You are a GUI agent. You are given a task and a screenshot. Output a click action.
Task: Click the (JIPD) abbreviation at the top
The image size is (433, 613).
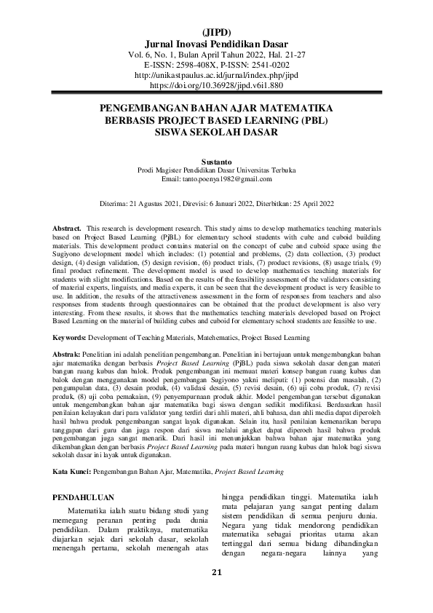(x=216, y=32)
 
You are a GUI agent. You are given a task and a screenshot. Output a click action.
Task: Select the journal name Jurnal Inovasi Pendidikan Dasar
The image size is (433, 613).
(x=216, y=43)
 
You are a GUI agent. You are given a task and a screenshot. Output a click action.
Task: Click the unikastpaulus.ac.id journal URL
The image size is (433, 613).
(x=216, y=75)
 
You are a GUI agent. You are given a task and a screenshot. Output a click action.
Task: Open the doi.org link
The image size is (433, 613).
(x=216, y=85)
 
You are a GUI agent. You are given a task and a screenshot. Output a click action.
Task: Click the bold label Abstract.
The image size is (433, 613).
(x=68, y=229)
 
